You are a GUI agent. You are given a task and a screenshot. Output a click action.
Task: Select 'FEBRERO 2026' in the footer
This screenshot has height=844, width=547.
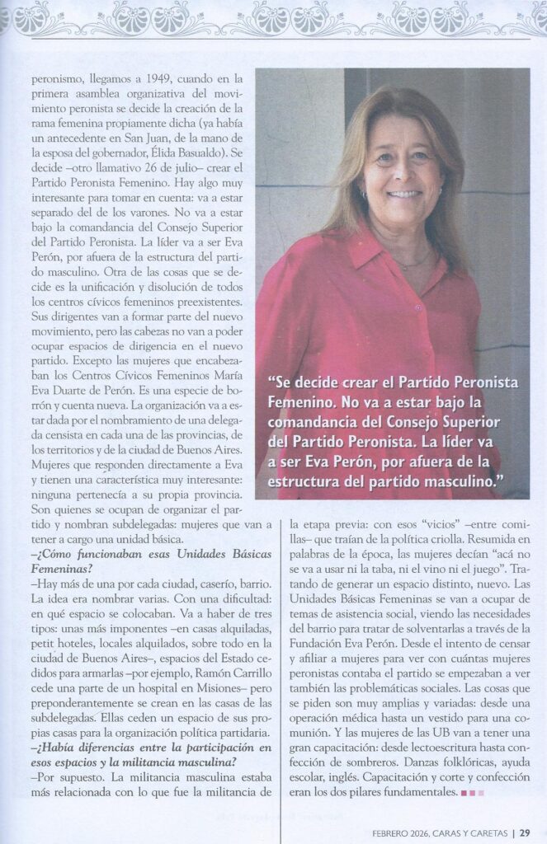tap(398, 831)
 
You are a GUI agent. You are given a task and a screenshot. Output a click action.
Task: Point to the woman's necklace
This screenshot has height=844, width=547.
tap(417, 262)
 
